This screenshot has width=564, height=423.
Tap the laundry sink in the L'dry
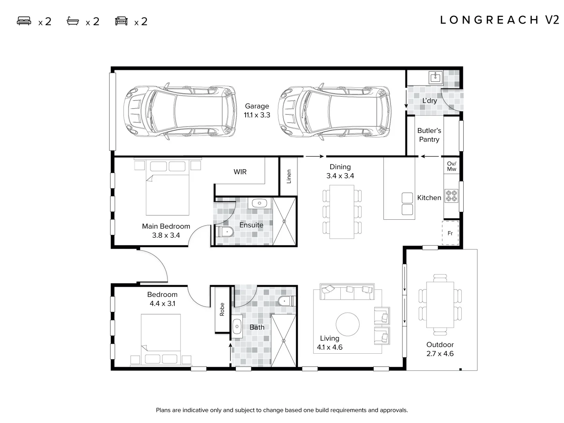point(435,77)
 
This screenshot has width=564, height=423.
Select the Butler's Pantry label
point(429,135)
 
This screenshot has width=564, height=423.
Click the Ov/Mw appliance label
point(451,166)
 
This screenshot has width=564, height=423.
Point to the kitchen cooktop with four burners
point(451,196)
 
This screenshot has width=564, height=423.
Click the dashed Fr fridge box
point(450,233)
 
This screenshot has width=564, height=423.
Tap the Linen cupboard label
point(289,176)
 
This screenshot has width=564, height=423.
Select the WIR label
point(240,172)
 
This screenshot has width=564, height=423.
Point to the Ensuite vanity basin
point(259,203)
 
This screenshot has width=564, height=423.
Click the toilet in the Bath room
point(287,301)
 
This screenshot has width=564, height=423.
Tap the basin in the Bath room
point(237,326)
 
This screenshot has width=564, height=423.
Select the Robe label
point(222,309)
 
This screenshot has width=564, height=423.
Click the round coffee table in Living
point(347,324)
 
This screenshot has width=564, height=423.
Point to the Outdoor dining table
point(440,305)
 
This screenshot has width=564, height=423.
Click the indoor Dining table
point(342,212)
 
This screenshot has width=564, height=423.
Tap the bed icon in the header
point(24,21)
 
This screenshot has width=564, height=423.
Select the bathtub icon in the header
point(73,21)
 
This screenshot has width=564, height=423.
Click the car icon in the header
point(121,21)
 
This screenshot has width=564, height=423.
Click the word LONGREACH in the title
point(489,20)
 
